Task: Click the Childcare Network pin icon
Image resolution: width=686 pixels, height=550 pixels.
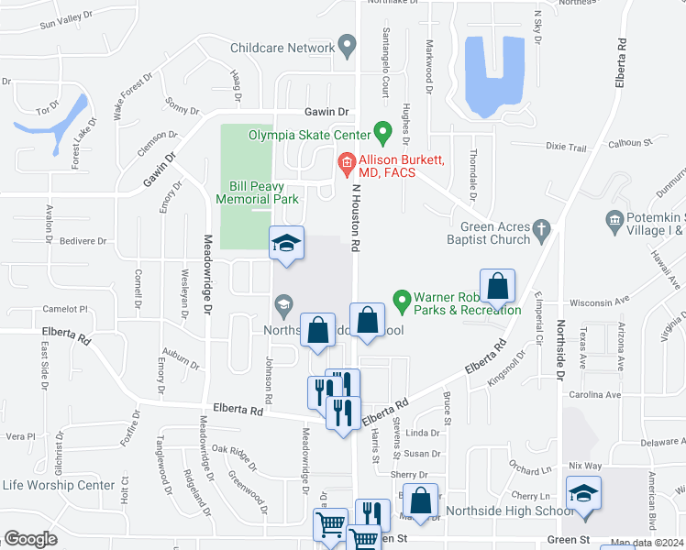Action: [347, 44]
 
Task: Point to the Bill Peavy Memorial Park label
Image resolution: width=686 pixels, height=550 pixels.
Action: [258, 192]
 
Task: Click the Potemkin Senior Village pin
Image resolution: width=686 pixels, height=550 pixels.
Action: [614, 220]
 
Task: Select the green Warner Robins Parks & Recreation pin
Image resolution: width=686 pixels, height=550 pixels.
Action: [401, 299]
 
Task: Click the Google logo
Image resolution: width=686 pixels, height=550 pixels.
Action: [31, 538]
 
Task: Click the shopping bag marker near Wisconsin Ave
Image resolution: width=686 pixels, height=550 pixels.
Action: [496, 286]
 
